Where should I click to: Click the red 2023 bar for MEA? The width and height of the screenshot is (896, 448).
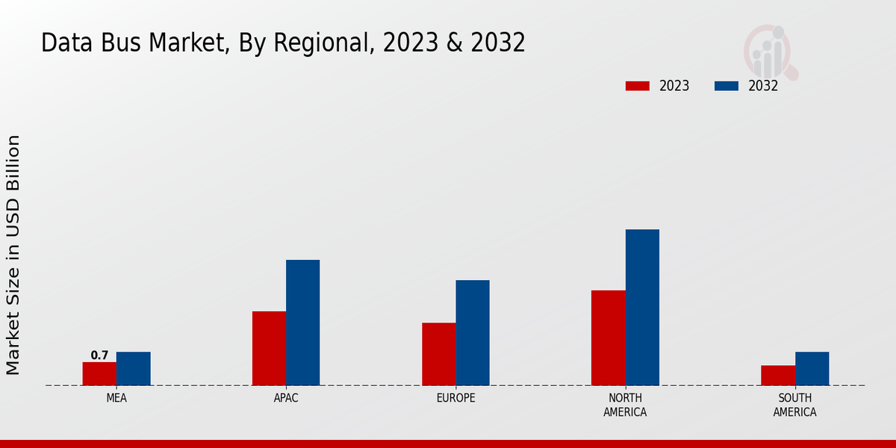[x=99, y=373]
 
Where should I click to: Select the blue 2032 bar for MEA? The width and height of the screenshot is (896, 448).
[x=133, y=368]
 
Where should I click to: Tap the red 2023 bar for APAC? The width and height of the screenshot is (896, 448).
[x=269, y=348]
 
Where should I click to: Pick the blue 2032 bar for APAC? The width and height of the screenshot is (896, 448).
[x=302, y=323]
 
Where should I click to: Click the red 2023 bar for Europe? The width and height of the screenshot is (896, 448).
[x=438, y=354]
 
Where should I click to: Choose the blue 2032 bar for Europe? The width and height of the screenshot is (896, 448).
[x=473, y=332]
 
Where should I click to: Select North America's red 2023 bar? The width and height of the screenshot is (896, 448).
[x=608, y=337]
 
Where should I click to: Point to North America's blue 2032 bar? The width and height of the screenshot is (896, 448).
[x=642, y=307]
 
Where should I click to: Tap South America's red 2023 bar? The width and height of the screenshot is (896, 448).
[x=777, y=375]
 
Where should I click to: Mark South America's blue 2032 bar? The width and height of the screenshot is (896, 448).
[x=812, y=368]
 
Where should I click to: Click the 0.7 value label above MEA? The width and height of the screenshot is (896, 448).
[x=99, y=355]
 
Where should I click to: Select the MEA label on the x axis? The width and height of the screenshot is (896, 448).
[x=116, y=398]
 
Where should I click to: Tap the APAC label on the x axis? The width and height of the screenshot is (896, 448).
[x=286, y=398]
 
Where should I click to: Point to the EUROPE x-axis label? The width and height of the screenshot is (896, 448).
[x=455, y=398]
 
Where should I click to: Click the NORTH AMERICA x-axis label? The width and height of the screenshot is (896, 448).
[x=625, y=405]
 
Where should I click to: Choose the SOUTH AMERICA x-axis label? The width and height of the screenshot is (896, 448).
[x=794, y=405]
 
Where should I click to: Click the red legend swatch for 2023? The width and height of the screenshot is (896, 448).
[x=637, y=86]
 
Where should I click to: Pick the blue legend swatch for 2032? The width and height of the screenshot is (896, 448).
[x=726, y=86]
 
